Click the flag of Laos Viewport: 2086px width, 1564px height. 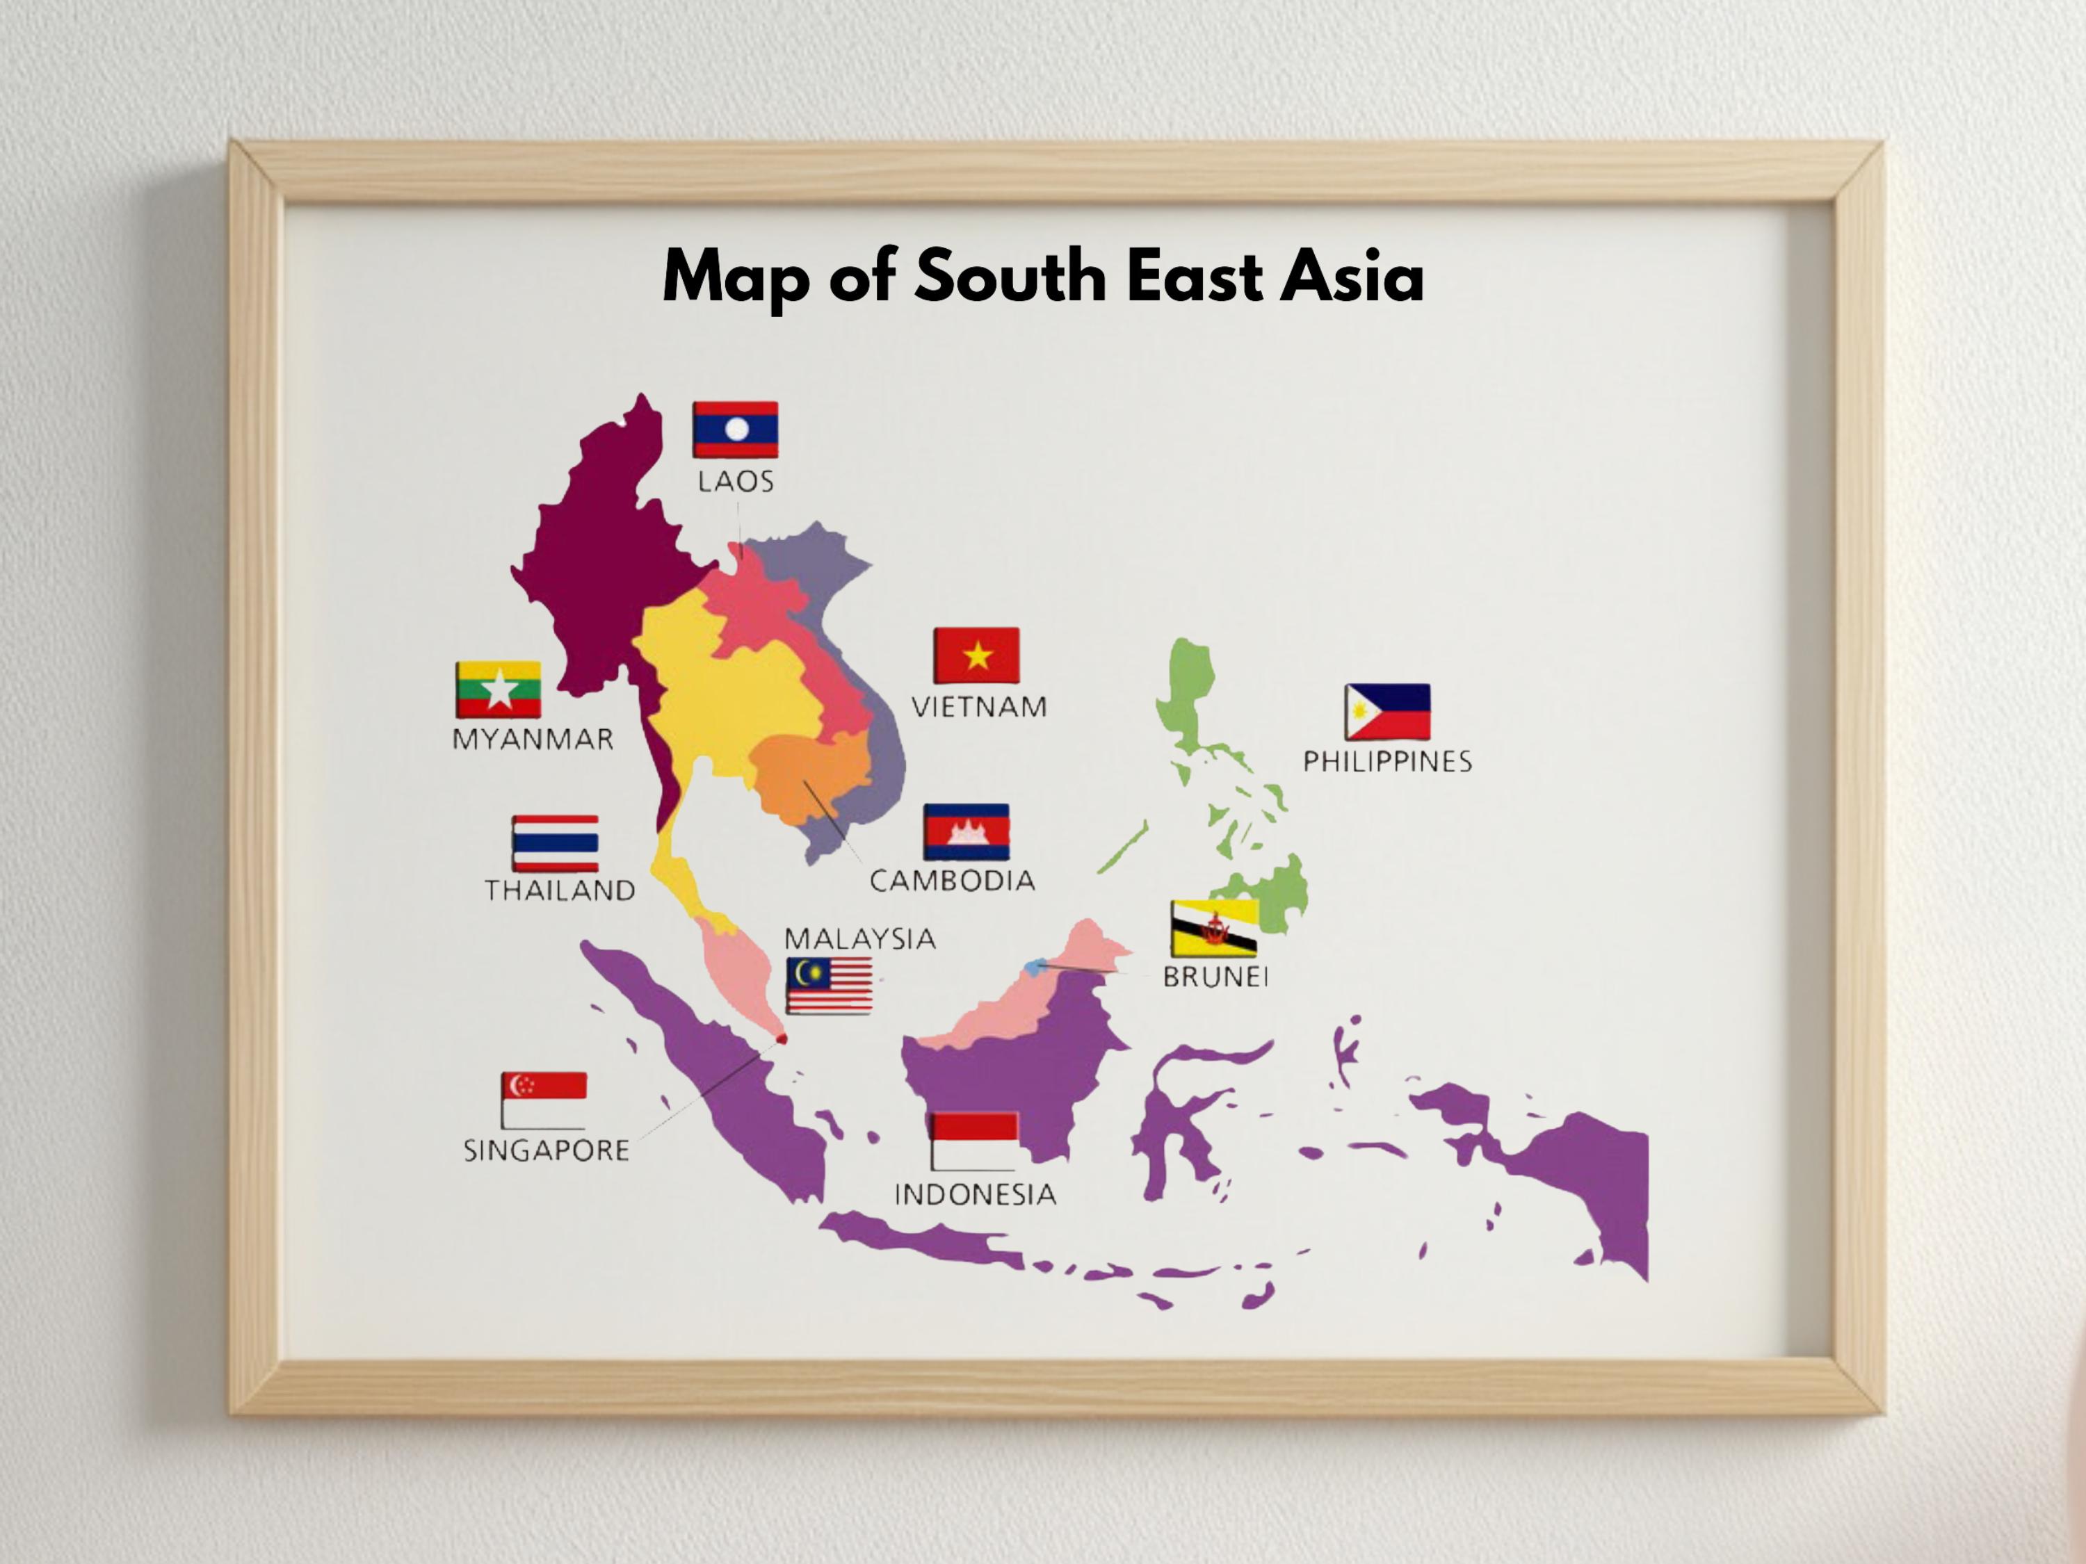coord(735,430)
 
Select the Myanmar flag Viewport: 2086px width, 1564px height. coord(498,690)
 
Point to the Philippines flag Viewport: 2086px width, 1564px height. coord(1387,712)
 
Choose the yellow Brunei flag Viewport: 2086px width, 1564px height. coord(1213,929)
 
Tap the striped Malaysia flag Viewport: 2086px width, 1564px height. coord(829,985)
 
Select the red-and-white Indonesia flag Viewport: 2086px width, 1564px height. coord(974,1141)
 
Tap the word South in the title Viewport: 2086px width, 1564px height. coord(1010,277)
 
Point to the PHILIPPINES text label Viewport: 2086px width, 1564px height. coord(1387,762)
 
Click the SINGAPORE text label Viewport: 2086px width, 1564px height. coord(546,1151)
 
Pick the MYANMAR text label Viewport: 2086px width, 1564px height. coord(533,739)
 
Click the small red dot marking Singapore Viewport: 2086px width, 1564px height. coord(781,1039)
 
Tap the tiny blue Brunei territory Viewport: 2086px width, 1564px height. coord(1035,966)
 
